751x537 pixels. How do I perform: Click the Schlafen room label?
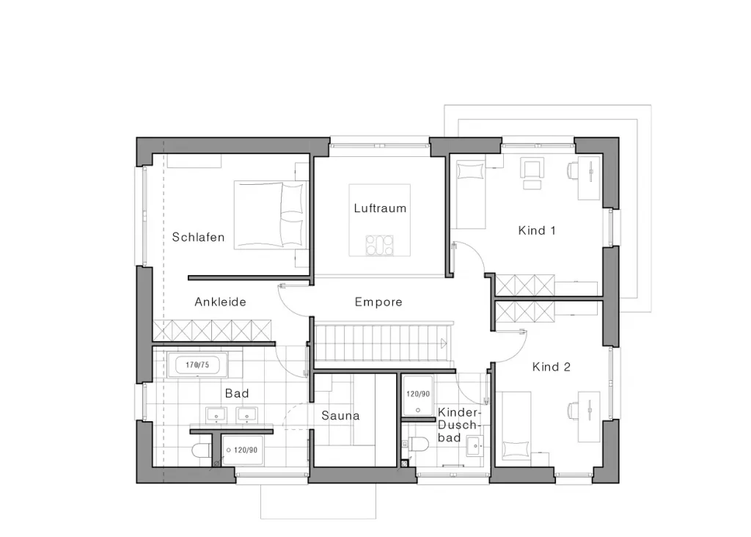[x=198, y=237]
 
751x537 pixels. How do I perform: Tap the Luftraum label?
[x=381, y=208]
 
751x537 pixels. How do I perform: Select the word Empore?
[x=378, y=302]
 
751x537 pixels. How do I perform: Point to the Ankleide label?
[x=220, y=302]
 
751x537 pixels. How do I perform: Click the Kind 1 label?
[x=537, y=230]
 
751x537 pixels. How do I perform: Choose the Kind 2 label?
[x=552, y=367]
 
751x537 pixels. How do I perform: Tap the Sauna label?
[x=340, y=415]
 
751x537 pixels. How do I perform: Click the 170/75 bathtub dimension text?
[x=197, y=365]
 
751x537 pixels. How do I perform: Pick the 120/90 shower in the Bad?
[x=243, y=450]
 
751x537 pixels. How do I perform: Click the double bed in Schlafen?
[x=271, y=215]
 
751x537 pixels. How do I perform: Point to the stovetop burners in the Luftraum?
[x=379, y=245]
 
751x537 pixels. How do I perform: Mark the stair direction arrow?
[x=444, y=343]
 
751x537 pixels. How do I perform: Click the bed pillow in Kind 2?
[x=516, y=450]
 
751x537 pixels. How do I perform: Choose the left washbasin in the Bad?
[x=216, y=414]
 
